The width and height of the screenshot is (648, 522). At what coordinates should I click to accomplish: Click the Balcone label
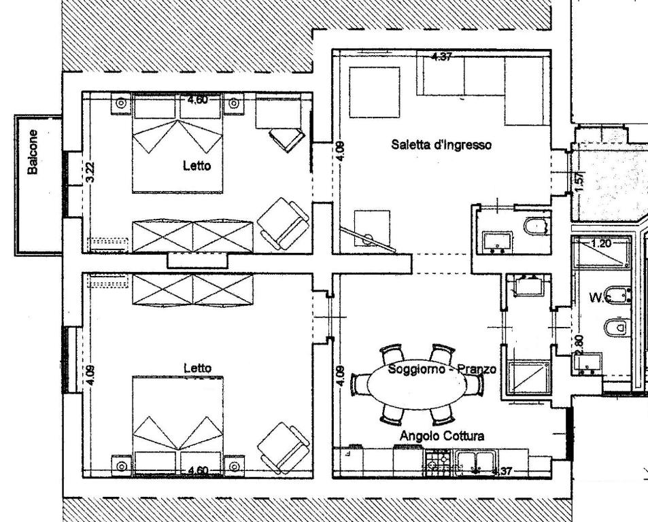tap(32, 152)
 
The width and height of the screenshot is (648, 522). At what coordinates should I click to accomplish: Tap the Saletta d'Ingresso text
tap(441, 144)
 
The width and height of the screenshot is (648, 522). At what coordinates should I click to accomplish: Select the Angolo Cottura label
tap(442, 436)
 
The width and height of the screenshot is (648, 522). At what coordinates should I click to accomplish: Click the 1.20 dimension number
tap(602, 243)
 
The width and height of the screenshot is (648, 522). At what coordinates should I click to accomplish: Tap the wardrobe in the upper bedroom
tap(192, 236)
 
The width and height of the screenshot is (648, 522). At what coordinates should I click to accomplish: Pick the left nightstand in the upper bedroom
tap(121, 103)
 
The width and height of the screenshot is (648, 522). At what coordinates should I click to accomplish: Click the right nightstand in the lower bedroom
tap(233, 466)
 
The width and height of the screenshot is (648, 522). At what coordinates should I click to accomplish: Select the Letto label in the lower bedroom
tap(197, 368)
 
